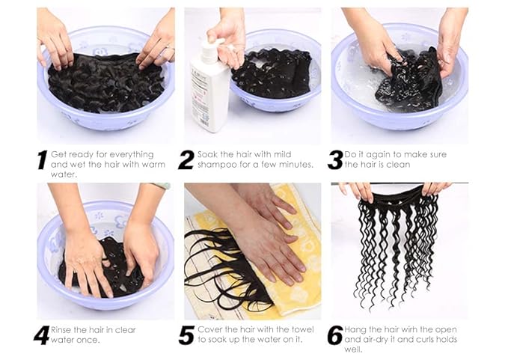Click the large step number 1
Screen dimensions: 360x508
pyautogui.click(x=42, y=159)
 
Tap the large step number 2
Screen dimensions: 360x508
pyautogui.click(x=186, y=159)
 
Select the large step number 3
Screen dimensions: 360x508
pyautogui.click(x=335, y=159)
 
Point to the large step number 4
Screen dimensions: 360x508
pyautogui.click(x=42, y=335)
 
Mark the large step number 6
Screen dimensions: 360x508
pyautogui.click(x=335, y=335)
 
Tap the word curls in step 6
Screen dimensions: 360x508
pyautogui.click(x=423, y=339)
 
